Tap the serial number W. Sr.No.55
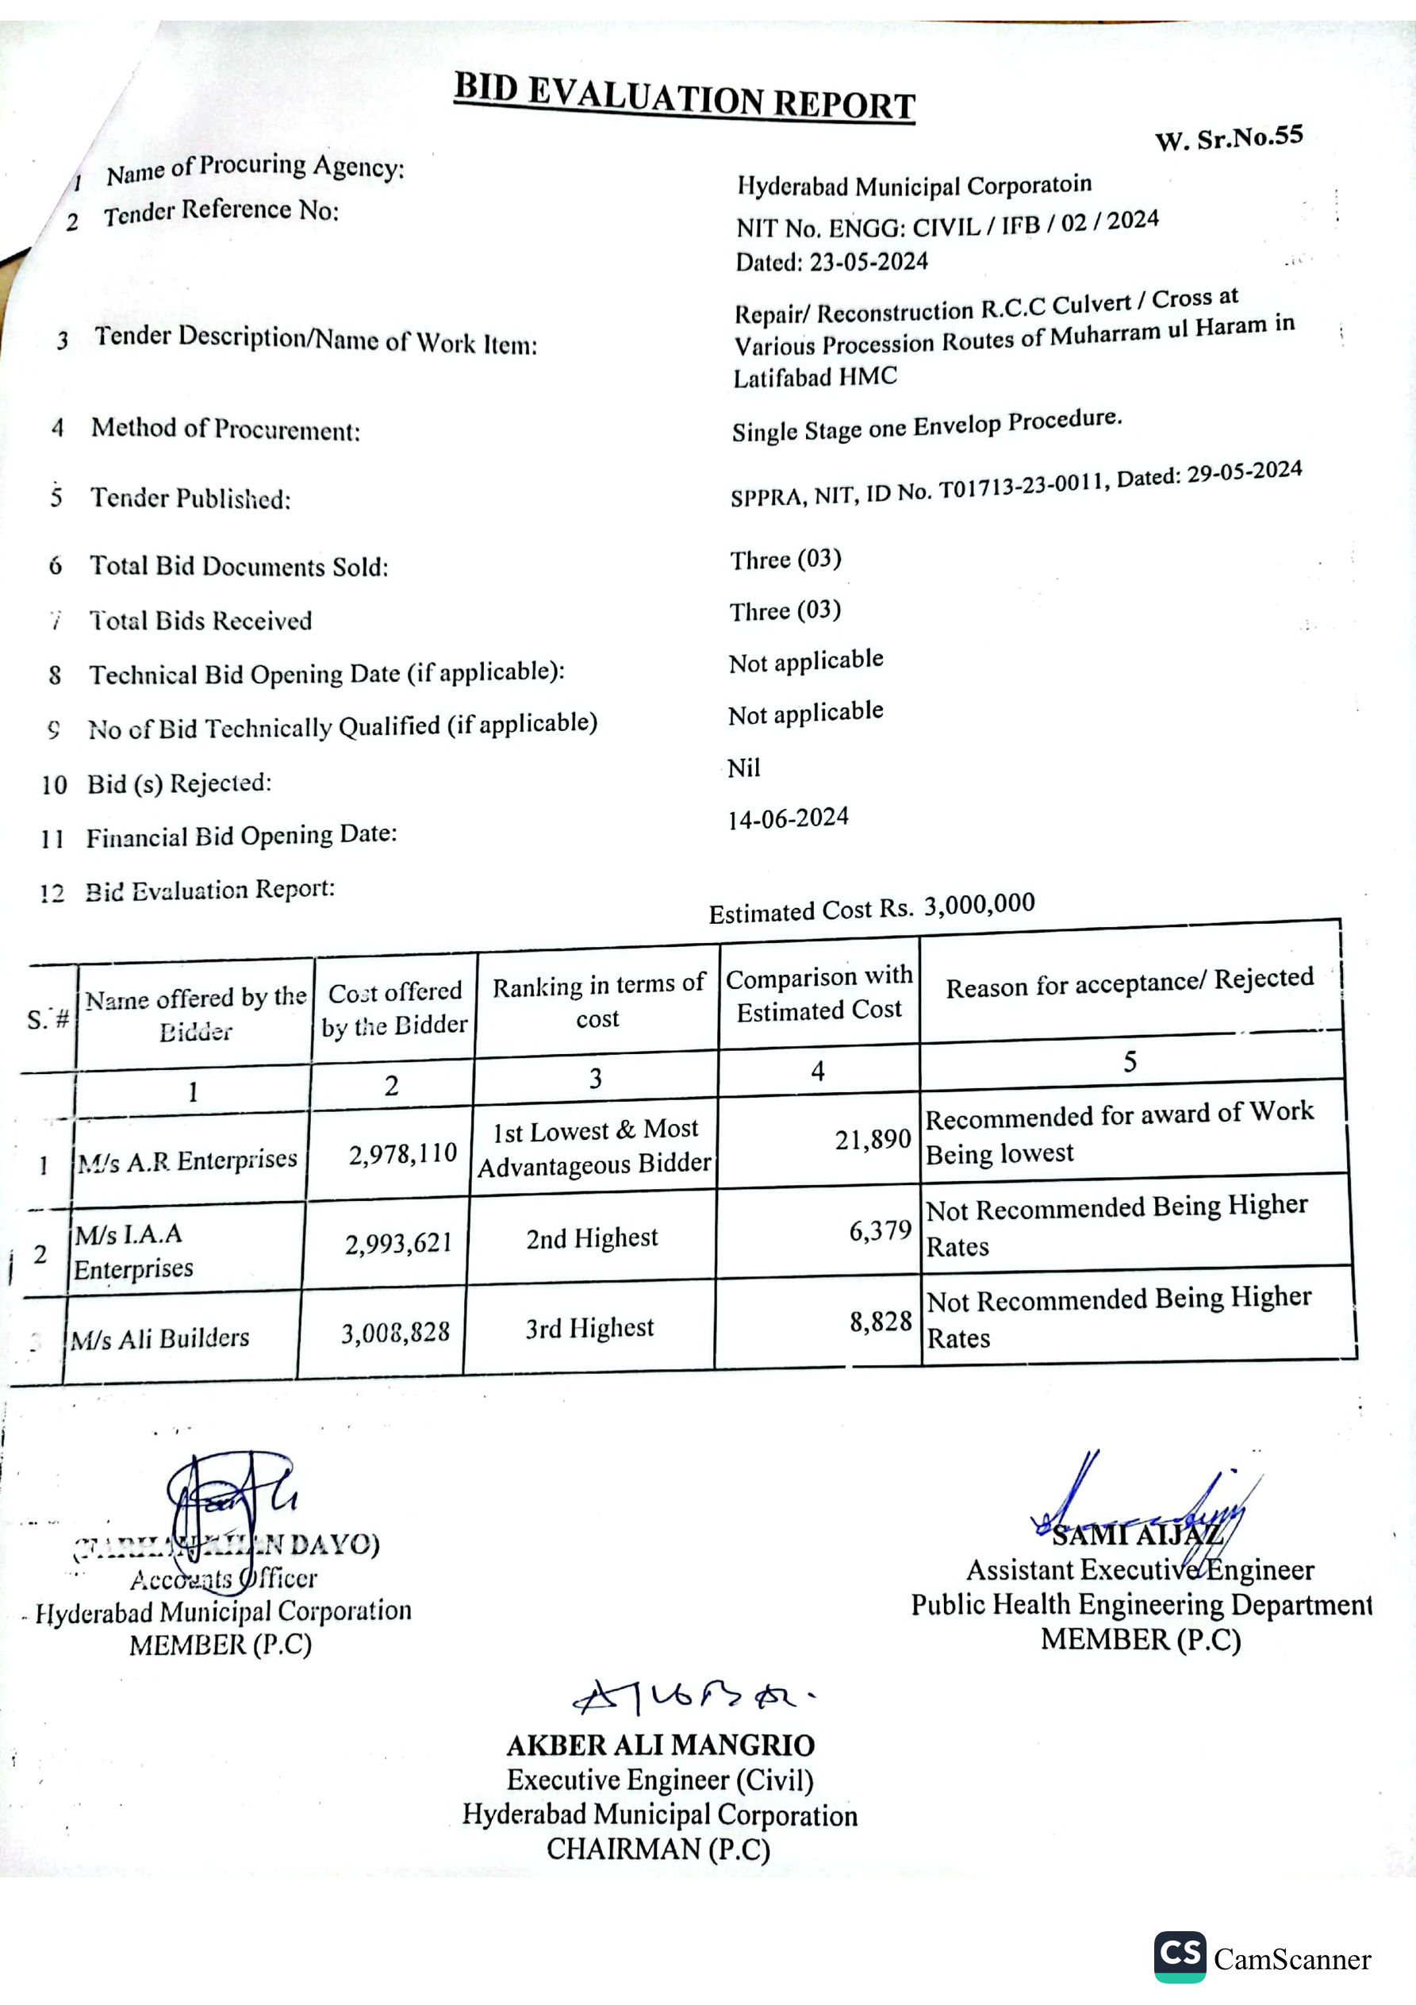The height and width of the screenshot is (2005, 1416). [x=1228, y=138]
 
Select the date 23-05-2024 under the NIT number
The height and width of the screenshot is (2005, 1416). [x=869, y=261]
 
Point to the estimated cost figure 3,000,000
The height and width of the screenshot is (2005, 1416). [x=979, y=904]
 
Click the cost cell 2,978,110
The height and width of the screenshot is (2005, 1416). [x=402, y=1154]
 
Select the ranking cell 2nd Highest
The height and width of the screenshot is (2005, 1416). [x=591, y=1238]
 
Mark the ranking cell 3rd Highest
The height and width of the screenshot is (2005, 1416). [x=589, y=1329]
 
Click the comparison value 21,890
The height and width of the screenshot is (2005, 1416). [x=872, y=1140]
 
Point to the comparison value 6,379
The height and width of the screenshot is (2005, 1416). [x=880, y=1231]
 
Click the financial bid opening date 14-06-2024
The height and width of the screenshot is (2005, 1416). [x=788, y=818]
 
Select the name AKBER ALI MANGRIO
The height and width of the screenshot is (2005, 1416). [x=660, y=1745]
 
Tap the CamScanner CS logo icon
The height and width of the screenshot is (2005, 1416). [x=1180, y=1956]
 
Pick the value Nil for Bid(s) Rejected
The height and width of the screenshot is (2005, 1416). [x=744, y=768]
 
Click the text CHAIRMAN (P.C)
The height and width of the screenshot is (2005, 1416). [x=658, y=1849]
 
